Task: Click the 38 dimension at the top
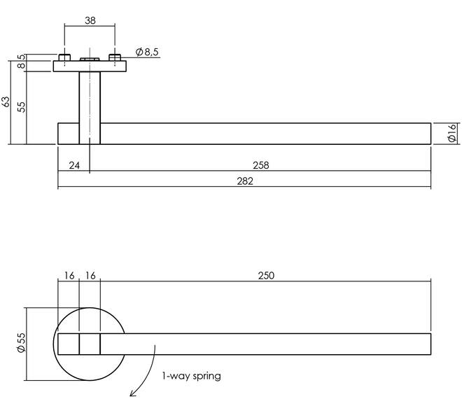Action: (x=90, y=20)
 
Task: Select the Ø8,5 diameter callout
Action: (x=147, y=52)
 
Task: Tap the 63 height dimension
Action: (x=6, y=102)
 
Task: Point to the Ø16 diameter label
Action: (x=451, y=134)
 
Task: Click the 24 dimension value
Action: (x=74, y=165)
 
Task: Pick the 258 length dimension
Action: (x=261, y=165)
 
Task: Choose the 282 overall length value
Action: (x=245, y=181)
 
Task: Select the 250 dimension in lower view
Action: (x=266, y=276)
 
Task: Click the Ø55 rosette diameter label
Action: (x=22, y=342)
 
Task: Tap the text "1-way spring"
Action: (x=192, y=376)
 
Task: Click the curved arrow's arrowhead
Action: (x=133, y=393)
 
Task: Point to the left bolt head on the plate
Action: (x=64, y=57)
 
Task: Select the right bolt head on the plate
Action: (x=115, y=57)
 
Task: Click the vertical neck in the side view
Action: (x=90, y=108)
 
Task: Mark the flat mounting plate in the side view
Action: (x=90, y=66)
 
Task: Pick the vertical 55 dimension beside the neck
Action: (x=21, y=107)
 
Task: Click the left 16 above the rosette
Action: (x=69, y=276)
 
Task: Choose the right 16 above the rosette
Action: (x=90, y=276)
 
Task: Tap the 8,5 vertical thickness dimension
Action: (x=21, y=61)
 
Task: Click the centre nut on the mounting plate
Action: (x=90, y=59)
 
